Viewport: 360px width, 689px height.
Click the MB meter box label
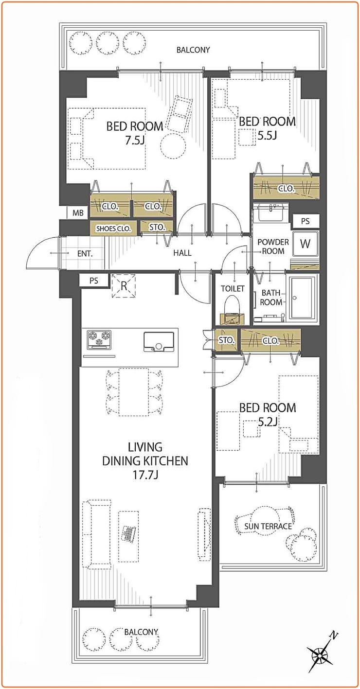tap(78, 212)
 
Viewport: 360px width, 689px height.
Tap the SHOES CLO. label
tap(113, 229)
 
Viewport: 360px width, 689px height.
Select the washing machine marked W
tap(305, 244)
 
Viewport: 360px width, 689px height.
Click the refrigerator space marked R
tap(124, 286)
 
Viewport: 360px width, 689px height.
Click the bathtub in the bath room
tap(302, 298)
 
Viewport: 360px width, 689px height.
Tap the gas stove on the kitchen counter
tap(99, 339)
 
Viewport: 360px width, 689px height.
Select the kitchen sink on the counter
tap(159, 342)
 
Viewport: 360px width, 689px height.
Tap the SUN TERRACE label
tap(268, 526)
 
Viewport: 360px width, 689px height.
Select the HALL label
tap(182, 253)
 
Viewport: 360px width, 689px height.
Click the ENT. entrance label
tap(85, 254)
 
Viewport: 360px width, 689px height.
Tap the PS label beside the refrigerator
tap(94, 281)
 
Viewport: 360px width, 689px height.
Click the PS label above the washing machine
tap(306, 221)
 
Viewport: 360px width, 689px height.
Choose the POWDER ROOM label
tap(273, 247)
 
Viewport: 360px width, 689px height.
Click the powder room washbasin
tap(271, 212)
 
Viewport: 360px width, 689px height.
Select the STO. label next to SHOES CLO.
tap(157, 227)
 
